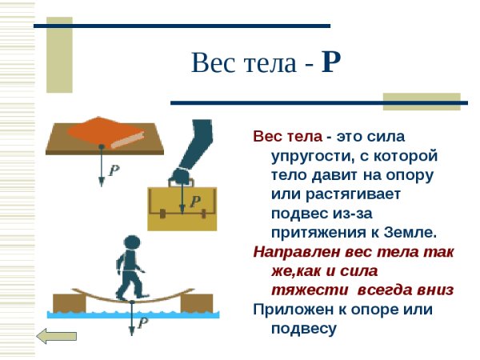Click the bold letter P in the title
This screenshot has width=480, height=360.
(331, 62)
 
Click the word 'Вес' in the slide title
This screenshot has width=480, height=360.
(210, 62)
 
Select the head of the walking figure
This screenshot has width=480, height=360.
(132, 242)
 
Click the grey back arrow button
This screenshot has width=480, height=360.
(57, 338)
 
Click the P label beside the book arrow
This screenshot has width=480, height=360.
(114, 171)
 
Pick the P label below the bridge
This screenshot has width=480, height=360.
(143, 322)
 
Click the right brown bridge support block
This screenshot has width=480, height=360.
(196, 303)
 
